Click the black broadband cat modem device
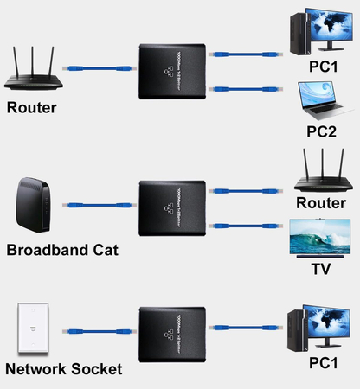34,207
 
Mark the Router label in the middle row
321,202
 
